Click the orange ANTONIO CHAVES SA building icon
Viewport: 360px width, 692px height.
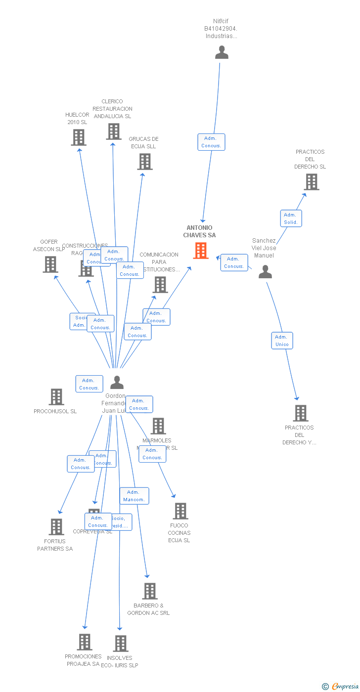(x=200, y=251)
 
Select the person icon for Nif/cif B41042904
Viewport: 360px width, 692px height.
(x=222, y=52)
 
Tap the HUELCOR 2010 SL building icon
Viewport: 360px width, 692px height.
(x=79, y=137)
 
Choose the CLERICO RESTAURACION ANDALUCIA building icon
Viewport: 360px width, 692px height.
(x=113, y=131)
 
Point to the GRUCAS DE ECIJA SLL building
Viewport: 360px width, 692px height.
(x=145, y=162)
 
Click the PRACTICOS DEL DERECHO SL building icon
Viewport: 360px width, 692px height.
(x=311, y=182)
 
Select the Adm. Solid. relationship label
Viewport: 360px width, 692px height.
(x=291, y=218)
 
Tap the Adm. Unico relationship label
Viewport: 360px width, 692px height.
(x=282, y=341)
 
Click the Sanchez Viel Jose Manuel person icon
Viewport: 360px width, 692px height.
(x=266, y=272)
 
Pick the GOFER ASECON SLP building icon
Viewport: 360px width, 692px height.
(x=50, y=264)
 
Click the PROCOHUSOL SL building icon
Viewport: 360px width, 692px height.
(x=56, y=397)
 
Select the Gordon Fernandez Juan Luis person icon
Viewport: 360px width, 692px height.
(x=117, y=383)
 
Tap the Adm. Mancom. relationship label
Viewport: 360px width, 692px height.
(x=134, y=496)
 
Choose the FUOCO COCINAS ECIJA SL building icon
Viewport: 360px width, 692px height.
(x=180, y=511)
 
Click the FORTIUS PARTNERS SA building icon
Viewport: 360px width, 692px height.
(x=56, y=527)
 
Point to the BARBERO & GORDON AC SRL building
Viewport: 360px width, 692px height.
(x=149, y=591)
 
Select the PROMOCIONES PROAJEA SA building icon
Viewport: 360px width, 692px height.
(x=85, y=642)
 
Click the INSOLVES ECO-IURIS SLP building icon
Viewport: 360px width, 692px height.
(x=121, y=644)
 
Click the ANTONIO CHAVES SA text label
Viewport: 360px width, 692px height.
(x=199, y=231)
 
